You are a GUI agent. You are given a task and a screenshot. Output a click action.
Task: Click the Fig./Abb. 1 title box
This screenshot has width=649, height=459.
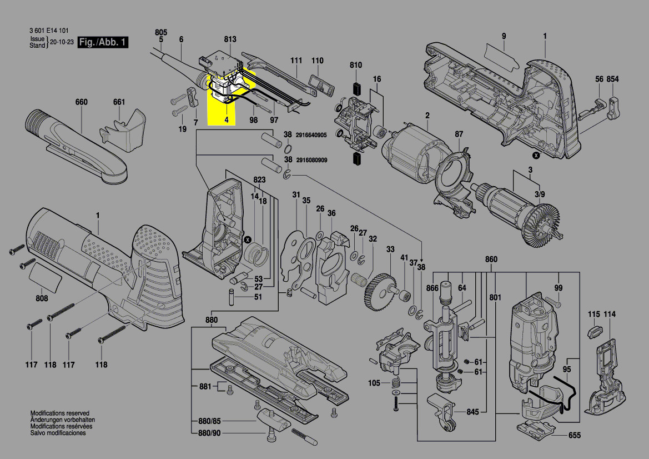click(x=103, y=42)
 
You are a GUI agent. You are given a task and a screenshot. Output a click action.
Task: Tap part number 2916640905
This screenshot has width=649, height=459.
click(x=311, y=135)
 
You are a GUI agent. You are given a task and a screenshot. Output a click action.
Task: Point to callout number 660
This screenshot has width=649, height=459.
click(x=82, y=102)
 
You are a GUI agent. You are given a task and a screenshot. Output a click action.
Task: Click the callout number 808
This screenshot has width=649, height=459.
click(x=42, y=299)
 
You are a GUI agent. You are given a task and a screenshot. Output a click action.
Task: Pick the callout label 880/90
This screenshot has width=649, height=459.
click(x=205, y=433)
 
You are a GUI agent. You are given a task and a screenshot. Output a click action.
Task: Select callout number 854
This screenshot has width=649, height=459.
click(x=612, y=79)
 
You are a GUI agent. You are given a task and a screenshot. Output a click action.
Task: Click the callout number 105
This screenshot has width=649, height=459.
click(x=374, y=383)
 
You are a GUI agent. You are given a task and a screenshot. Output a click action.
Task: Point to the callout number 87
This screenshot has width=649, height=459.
click(x=459, y=134)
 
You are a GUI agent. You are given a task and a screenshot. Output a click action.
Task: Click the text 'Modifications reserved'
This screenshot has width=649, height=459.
click(x=59, y=413)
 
